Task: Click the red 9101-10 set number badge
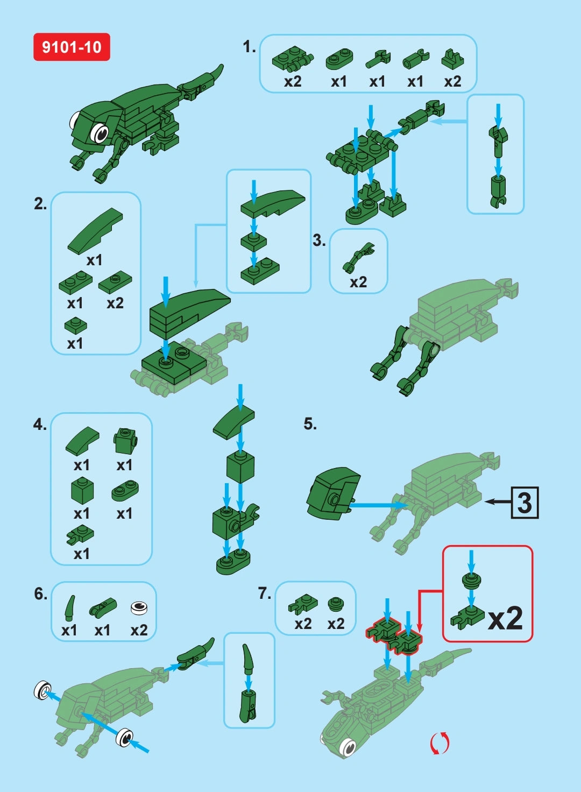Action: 72,47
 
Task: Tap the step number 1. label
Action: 249,47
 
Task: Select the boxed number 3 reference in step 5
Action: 524,503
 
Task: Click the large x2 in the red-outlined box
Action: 505,618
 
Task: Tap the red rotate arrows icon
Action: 440,743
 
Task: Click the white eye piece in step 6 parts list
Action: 139,608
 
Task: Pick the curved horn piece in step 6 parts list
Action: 70,608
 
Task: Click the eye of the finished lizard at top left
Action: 100,132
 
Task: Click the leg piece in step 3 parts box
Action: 358,257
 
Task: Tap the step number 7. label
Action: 264,593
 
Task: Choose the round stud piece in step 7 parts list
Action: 336,604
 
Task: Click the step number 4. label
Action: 40,425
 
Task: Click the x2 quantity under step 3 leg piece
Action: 358,282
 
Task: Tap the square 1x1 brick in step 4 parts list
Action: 82,491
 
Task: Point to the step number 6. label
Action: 40,593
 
